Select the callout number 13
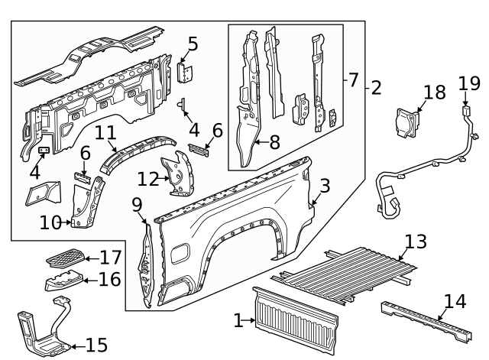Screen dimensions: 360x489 pyautogui.click(x=416, y=242)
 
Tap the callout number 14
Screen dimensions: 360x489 pyautogui.click(x=454, y=302)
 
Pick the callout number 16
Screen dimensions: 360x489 pyautogui.click(x=109, y=280)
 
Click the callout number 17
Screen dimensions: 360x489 pyautogui.click(x=110, y=258)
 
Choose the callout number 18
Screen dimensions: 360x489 pyautogui.click(x=434, y=92)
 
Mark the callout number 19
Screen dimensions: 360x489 pyautogui.click(x=468, y=83)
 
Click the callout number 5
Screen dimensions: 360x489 pyautogui.click(x=193, y=44)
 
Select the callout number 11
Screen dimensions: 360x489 pyautogui.click(x=105, y=132)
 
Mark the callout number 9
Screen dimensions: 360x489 pyautogui.click(x=137, y=204)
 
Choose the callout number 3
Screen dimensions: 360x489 pyautogui.click(x=325, y=185)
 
